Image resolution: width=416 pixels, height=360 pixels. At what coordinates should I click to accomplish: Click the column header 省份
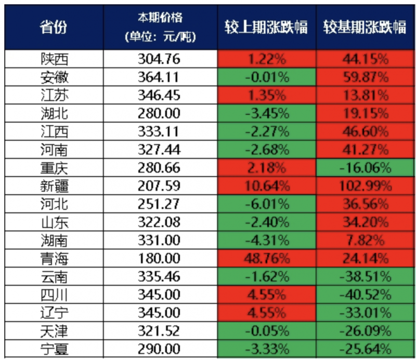click(54, 27)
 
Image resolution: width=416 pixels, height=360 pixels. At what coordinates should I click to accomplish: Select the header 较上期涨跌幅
click(266, 27)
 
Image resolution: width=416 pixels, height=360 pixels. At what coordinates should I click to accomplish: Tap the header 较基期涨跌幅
click(364, 27)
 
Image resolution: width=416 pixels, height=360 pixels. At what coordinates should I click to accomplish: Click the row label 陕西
click(54, 59)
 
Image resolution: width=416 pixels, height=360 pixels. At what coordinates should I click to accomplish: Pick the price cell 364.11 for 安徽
click(159, 77)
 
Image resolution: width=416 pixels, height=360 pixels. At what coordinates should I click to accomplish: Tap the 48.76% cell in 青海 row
click(266, 258)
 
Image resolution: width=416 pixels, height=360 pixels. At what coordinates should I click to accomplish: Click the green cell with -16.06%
click(364, 168)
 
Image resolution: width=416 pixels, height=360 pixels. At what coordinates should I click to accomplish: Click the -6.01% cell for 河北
click(266, 204)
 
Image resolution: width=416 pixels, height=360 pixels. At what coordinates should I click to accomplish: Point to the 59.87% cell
click(364, 77)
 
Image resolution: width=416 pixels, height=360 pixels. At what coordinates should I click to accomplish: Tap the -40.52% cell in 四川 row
click(364, 294)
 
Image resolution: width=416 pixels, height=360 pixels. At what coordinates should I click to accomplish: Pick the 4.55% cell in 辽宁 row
click(266, 312)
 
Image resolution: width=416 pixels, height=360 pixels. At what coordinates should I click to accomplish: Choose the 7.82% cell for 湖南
click(364, 240)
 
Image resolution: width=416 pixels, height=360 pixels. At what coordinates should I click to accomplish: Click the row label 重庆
click(54, 168)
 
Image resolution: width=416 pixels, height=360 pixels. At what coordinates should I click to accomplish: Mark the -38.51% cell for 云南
click(364, 276)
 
